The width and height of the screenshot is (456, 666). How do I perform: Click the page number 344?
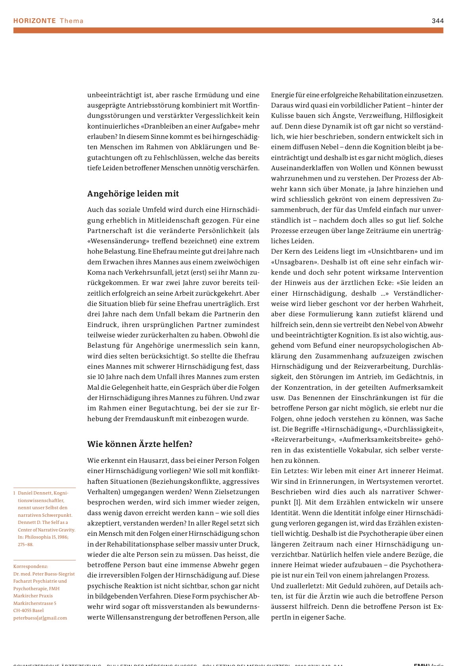point(437,21)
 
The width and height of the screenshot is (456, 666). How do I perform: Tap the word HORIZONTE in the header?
point(34,21)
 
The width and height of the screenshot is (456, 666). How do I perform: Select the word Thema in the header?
point(72,21)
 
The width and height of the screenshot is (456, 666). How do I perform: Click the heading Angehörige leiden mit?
point(133,194)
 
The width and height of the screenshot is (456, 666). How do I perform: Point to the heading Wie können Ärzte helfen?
point(140,444)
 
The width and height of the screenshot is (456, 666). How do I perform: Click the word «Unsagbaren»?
point(294,262)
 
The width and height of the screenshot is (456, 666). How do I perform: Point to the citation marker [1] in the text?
point(297,502)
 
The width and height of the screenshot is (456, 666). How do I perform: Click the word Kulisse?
point(283,115)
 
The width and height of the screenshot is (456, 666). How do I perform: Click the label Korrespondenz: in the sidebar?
point(31,566)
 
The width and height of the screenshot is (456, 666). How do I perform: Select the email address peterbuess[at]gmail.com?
point(40,618)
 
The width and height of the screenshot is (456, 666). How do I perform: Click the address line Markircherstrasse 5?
point(35,603)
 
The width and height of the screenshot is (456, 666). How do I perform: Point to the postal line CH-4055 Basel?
point(28,610)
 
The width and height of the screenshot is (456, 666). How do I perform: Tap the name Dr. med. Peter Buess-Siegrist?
point(44,574)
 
